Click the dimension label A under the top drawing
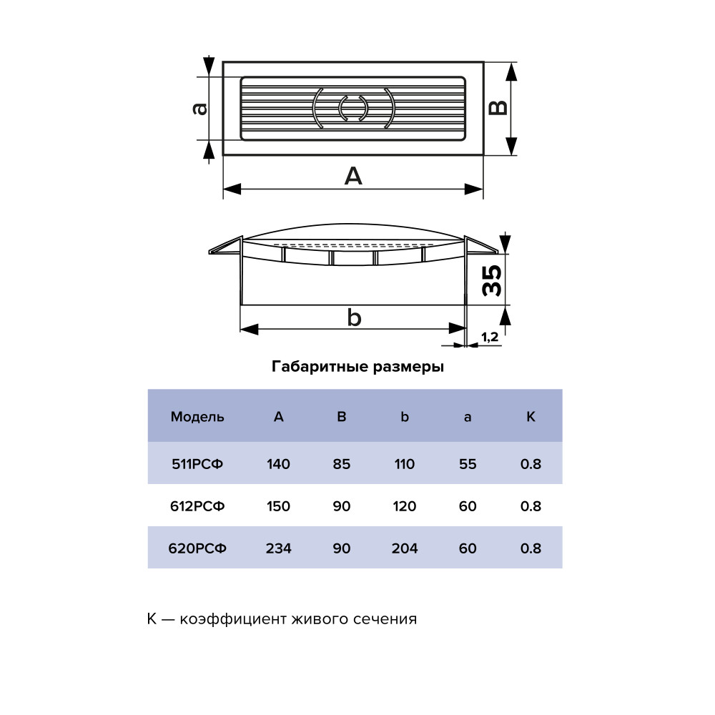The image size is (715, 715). (353, 176)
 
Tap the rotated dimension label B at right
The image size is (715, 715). (498, 108)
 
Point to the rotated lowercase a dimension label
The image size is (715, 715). (200, 109)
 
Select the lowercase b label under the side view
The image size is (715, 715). (355, 317)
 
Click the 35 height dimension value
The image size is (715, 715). (492, 281)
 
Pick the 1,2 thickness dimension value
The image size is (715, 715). (490, 337)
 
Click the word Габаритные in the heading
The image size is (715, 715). (320, 367)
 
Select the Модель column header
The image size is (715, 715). (197, 417)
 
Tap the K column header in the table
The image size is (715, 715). (531, 416)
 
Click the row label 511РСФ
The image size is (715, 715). (197, 464)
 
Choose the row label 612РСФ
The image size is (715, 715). (197, 506)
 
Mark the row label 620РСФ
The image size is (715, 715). (197, 548)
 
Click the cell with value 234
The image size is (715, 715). (279, 548)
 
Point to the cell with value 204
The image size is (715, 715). (405, 548)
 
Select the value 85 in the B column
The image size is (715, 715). (342, 464)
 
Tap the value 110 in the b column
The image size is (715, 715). (405, 464)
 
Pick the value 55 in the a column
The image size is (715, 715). (468, 464)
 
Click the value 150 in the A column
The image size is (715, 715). (279, 506)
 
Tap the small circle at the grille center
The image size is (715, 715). (353, 108)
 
